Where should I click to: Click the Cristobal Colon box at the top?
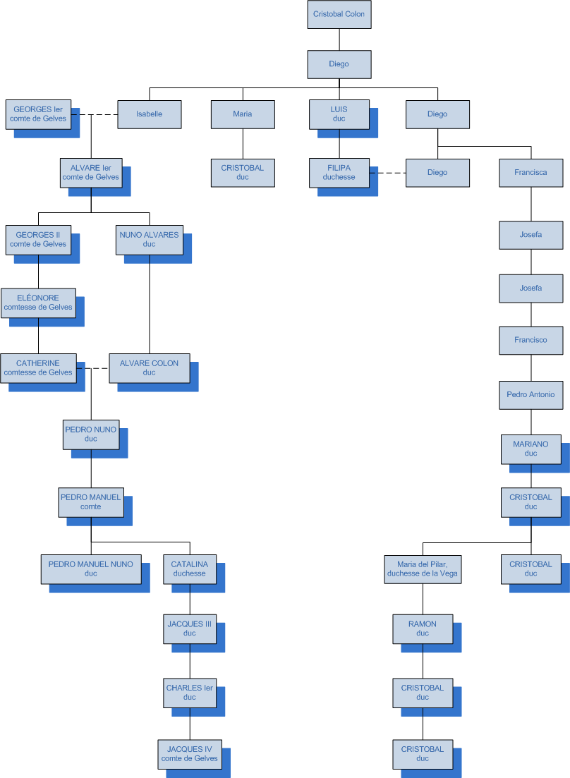(339, 14)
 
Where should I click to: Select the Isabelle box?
(149, 114)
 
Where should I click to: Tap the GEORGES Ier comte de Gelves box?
(38, 114)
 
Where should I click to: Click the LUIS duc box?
(339, 114)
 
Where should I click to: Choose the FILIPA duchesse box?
(339, 172)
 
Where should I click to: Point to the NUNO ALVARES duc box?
(149, 239)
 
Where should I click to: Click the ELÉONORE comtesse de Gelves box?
(38, 303)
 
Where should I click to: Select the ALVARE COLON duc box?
(149, 367)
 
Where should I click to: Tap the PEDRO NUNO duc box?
(90, 434)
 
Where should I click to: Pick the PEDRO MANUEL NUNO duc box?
(90, 569)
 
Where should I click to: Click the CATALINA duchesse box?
(190, 569)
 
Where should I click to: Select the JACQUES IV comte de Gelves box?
(190, 753)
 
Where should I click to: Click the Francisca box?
(530, 172)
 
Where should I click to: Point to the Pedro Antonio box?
(530, 394)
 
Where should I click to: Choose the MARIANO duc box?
(530, 449)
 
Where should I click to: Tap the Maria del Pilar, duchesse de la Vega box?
(423, 569)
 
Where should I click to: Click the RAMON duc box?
(423, 628)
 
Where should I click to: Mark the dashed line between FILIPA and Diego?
(388, 172)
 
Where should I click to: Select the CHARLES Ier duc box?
(190, 692)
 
